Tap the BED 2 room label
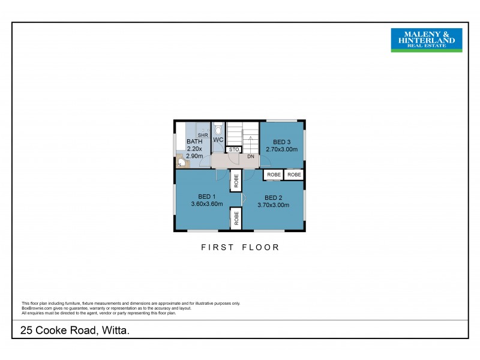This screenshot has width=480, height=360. (x=273, y=197)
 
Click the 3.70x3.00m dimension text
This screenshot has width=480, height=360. (x=273, y=205)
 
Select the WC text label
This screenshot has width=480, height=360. (x=218, y=140)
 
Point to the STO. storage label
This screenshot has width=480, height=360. (x=234, y=149)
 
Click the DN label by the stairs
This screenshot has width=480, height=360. (x=250, y=157)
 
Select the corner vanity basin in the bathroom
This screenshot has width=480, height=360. (x=181, y=161)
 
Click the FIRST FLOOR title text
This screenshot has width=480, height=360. (x=240, y=247)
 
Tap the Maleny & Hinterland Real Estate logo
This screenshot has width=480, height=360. (x=427, y=40)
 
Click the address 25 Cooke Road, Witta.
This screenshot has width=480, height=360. (x=75, y=330)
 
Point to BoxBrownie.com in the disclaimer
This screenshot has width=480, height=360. (x=35, y=308)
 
